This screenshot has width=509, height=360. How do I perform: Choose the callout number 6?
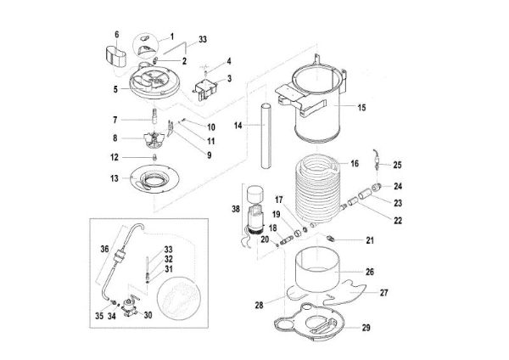[117, 36]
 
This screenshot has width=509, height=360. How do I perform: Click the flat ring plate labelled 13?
[153, 179]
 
